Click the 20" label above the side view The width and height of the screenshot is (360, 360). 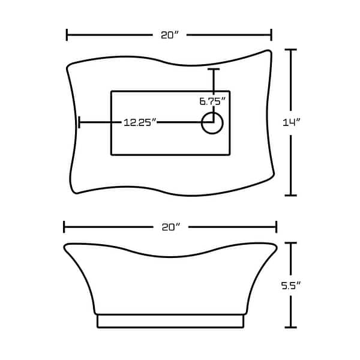tap(170, 227)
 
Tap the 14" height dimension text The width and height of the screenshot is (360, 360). tap(292, 122)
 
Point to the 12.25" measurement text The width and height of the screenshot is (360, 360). tap(140, 122)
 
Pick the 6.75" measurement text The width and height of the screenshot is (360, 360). tap(212, 101)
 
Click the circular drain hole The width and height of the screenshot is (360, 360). tap(212, 122)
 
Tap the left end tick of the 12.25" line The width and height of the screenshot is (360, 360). tap(79, 122)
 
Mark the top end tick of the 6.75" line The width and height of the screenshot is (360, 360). tap(212, 70)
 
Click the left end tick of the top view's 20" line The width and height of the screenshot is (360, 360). tap(67, 35)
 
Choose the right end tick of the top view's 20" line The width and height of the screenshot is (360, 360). tap(272, 35)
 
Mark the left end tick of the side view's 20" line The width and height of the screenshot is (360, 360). tap(64, 227)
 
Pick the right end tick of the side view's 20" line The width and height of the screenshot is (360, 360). tap(276, 227)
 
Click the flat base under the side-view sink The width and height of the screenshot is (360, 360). tap(170, 322)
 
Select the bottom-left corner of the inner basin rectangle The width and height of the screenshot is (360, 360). tap(112, 154)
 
